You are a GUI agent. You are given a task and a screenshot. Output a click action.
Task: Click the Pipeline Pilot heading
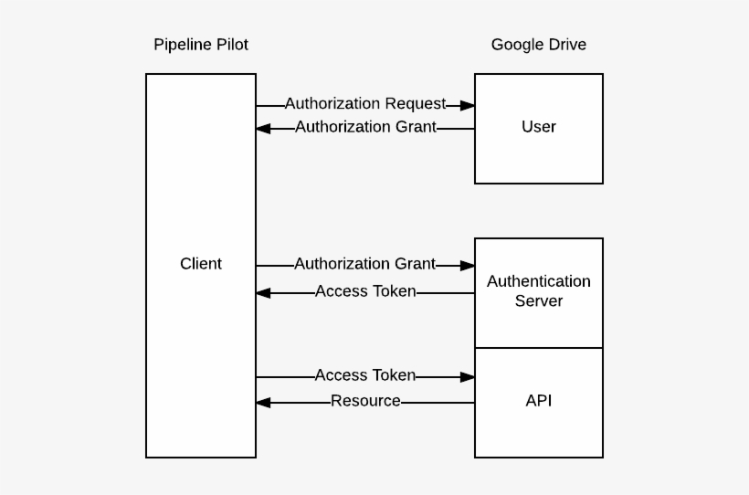coord(201,45)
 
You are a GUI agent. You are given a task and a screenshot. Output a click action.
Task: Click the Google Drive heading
coord(539,45)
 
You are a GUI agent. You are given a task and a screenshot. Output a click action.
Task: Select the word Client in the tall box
coord(201,264)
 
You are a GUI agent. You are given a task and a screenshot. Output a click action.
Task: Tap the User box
coord(539,128)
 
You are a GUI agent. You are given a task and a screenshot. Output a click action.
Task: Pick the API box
coord(539,402)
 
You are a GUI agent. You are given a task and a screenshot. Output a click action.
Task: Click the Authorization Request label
coord(365,104)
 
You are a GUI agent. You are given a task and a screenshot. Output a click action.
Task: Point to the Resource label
coord(365,401)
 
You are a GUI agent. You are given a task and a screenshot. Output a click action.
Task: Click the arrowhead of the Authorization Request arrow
coord(468,106)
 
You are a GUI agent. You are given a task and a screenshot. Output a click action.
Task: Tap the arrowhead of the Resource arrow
coord(263,402)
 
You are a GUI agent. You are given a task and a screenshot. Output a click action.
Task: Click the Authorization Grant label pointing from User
coord(365,128)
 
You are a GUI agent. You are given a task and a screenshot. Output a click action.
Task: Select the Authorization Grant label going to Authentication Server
coord(365,264)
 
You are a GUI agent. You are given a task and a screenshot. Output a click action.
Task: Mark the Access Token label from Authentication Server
coord(365,292)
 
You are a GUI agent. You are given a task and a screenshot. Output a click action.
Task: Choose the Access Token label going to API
coord(365,375)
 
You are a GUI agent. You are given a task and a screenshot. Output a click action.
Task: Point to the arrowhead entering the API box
coord(468,376)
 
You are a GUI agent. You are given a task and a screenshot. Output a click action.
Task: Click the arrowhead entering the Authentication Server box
coord(468,266)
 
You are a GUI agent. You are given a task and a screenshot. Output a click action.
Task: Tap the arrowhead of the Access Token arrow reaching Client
coord(263,293)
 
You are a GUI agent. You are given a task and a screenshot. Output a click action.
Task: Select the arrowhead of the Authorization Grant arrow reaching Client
coord(263,129)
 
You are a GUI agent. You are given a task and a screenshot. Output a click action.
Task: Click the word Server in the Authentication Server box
coord(539,301)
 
